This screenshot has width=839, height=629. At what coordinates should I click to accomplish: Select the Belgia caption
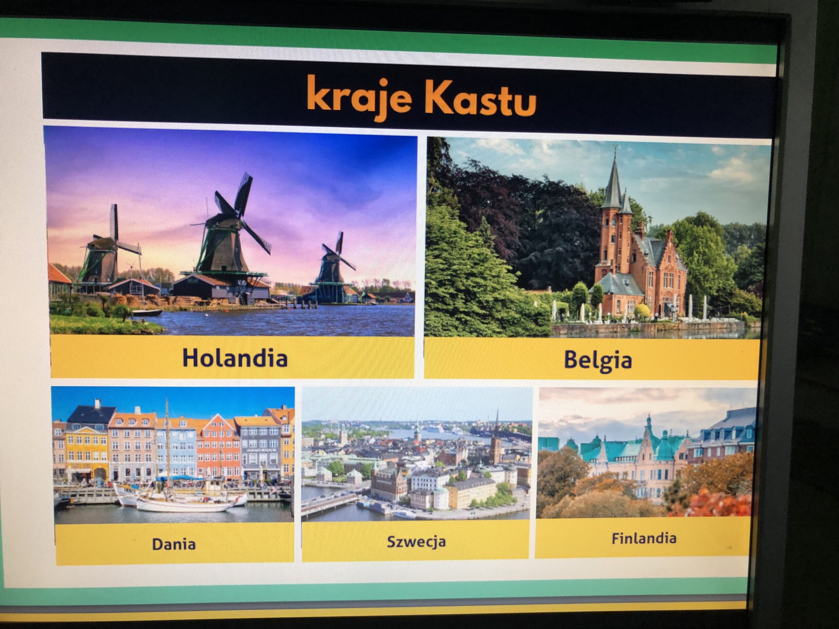coord(597,360)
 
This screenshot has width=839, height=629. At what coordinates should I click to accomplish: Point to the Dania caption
coord(174,544)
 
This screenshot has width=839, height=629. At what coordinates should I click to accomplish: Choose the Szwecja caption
coord(416,542)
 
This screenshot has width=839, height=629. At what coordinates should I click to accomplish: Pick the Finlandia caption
coord(644,538)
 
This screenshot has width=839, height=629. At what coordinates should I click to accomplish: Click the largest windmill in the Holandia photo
coord(227,235)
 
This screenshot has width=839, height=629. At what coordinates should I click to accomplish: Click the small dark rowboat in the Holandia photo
coord(147,313)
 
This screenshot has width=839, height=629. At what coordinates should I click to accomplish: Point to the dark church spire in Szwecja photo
coord(496,436)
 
